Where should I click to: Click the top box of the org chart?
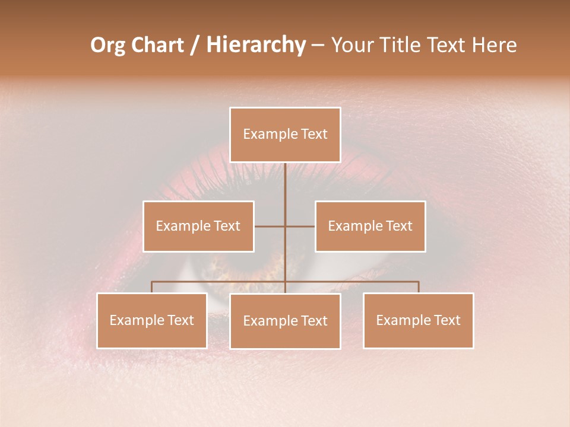tap(285, 135)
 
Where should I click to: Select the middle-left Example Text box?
tap(198, 226)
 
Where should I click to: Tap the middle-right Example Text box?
tap(370, 226)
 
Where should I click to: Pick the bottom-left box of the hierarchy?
tap(152, 320)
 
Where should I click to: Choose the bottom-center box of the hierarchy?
tap(285, 321)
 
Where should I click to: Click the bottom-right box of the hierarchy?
tap(418, 320)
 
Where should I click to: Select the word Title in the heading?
tap(399, 45)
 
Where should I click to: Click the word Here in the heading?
tap(494, 45)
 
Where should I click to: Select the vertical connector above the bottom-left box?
tap(152, 287)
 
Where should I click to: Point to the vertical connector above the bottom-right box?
tap(418, 287)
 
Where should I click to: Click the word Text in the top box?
tap(313, 135)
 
